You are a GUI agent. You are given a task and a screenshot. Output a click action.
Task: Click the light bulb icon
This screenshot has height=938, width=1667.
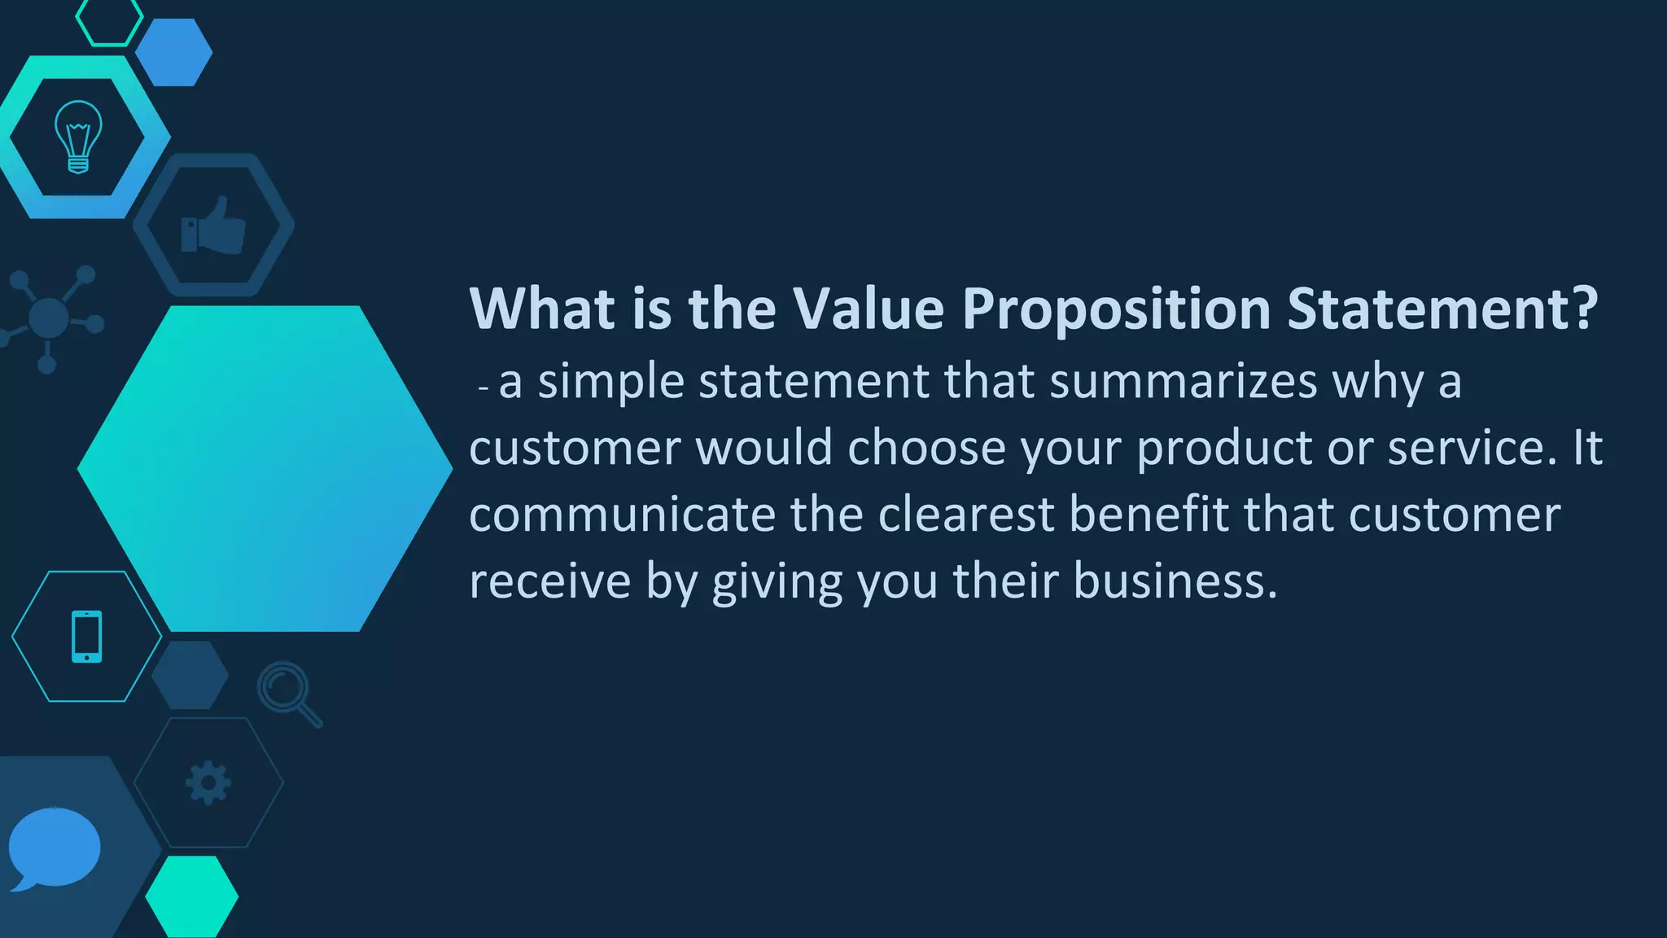(x=78, y=137)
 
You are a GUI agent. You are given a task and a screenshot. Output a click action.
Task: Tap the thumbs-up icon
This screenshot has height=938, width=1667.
(x=213, y=226)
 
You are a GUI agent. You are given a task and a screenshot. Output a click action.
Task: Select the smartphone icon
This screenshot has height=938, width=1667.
(x=87, y=636)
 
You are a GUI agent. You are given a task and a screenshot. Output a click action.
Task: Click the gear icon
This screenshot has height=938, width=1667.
(x=208, y=782)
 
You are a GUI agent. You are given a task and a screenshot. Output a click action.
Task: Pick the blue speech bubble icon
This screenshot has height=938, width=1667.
(x=54, y=848)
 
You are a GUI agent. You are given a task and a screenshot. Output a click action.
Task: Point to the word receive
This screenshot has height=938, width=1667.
(x=550, y=581)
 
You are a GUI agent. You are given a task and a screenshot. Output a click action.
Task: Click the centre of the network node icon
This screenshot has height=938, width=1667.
(x=48, y=316)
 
